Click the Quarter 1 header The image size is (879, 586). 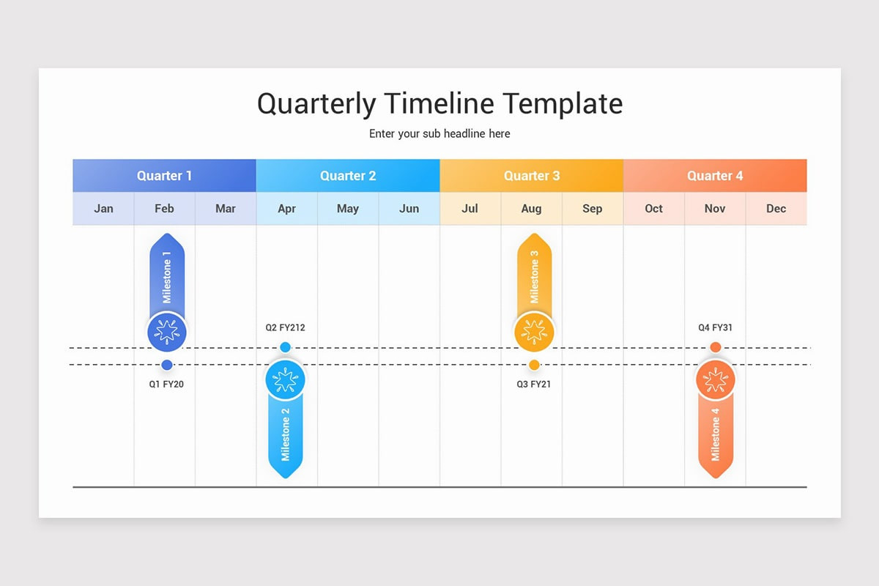(164, 176)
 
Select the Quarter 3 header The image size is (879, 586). (532, 176)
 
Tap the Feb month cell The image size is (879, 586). (164, 209)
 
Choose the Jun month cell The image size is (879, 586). (409, 209)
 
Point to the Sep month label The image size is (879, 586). (592, 209)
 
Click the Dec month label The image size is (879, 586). (776, 209)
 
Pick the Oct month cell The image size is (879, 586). (654, 209)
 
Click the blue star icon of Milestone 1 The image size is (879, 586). (167, 332)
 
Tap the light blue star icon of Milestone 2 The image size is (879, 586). (285, 380)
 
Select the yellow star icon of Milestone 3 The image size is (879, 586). (534, 332)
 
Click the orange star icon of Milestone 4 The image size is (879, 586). (716, 380)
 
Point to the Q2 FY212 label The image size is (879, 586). (285, 327)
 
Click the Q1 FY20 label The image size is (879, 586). (166, 385)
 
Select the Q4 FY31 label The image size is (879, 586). (715, 327)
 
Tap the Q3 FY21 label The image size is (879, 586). (534, 385)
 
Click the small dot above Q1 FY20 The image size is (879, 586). (167, 365)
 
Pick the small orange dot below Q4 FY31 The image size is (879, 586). (716, 347)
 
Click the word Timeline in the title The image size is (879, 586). (439, 103)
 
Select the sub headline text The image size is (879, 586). (439, 134)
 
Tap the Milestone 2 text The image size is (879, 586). (285, 434)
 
